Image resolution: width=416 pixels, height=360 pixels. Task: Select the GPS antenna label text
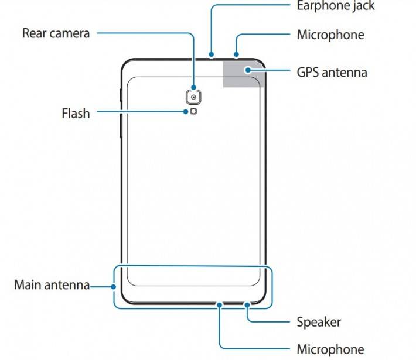pos(332,73)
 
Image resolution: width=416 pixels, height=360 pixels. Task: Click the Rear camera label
pos(56,33)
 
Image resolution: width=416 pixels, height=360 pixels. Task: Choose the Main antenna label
pos(52,286)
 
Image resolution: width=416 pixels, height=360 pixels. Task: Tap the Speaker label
pos(319,322)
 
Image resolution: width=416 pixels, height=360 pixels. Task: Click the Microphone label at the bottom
pos(330,349)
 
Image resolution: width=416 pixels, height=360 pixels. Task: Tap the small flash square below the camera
pos(193,112)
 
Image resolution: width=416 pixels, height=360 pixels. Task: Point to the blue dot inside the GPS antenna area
pos(248,70)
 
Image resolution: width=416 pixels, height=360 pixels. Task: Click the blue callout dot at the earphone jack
pos(210,57)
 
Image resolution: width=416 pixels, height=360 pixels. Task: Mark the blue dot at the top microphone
pos(236,57)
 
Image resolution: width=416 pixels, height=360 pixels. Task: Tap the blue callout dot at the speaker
pos(248,305)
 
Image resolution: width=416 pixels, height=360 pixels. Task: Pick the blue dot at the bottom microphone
pos(219,305)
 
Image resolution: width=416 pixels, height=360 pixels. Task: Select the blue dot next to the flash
pos(186,111)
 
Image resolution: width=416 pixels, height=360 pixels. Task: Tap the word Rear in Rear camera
pos(35,33)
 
